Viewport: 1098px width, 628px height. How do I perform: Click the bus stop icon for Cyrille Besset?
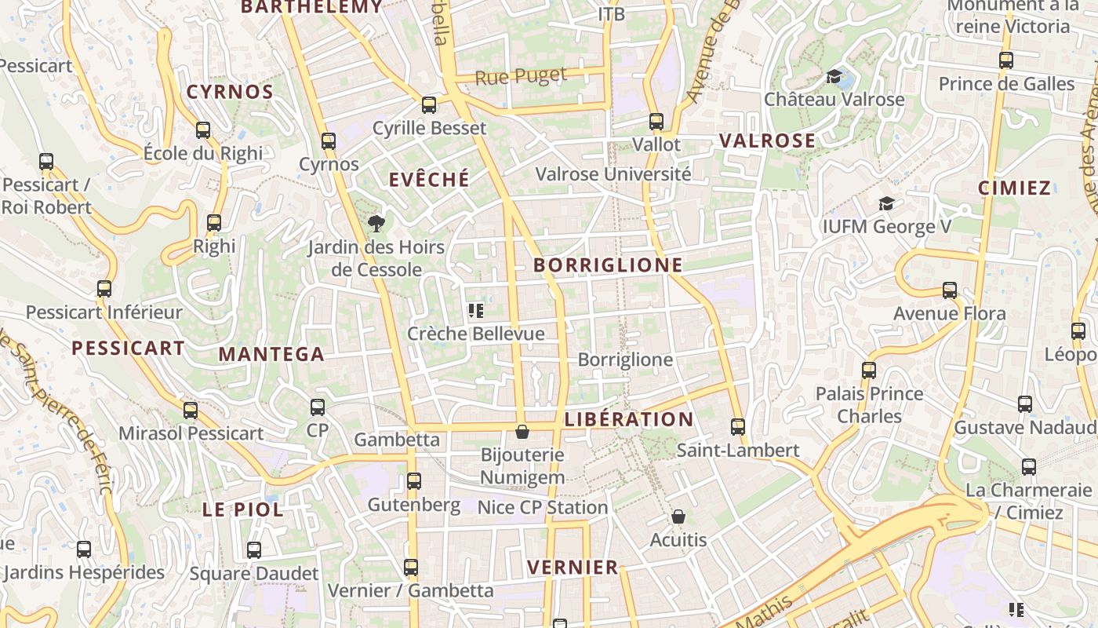(429, 104)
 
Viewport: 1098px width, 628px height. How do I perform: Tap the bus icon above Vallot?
(656, 122)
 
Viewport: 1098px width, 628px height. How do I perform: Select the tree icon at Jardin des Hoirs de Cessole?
(376, 224)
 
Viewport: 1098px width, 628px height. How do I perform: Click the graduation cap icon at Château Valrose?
(834, 76)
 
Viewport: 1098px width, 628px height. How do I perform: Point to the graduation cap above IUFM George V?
(886, 203)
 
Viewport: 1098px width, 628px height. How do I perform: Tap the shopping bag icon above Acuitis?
(678, 517)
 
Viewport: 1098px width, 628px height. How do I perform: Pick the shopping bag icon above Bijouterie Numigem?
(522, 432)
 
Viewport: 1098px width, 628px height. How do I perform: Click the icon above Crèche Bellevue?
(475, 311)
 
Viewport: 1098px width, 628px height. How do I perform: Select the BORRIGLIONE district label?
(608, 265)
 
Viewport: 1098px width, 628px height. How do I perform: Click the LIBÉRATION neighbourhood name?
(629, 419)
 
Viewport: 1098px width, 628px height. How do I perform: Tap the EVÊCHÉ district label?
(429, 180)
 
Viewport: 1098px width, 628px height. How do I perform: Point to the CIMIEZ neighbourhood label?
(1014, 188)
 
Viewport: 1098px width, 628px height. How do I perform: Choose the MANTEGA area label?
(271, 354)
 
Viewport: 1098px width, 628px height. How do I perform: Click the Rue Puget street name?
(521, 77)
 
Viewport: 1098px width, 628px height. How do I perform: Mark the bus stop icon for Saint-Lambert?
(738, 426)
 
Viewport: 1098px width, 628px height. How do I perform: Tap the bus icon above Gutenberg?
(414, 480)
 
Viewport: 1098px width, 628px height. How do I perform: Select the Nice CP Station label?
(543, 508)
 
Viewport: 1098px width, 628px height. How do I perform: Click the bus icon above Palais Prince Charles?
(869, 370)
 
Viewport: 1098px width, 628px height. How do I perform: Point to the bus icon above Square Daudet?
(254, 549)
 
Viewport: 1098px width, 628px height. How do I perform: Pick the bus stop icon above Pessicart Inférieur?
(104, 288)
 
